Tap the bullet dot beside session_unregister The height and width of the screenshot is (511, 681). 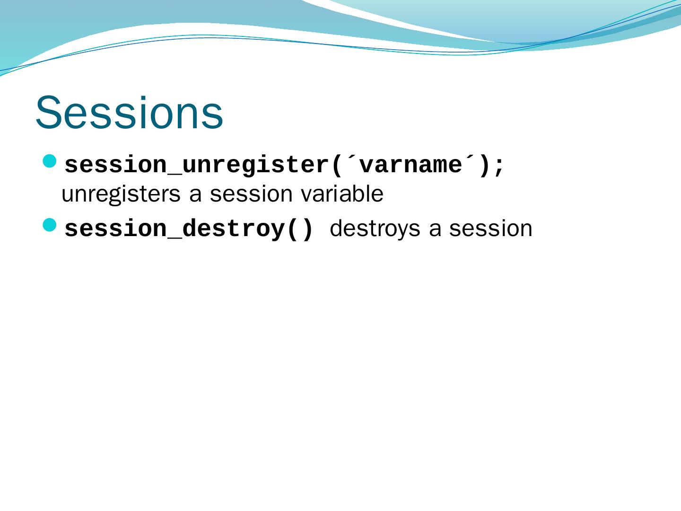50,161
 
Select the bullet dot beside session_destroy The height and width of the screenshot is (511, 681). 50,225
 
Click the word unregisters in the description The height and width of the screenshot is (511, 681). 121,194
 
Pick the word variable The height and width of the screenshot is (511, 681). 342,194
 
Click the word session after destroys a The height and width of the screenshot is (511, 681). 491,229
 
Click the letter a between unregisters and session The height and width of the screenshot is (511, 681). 195,195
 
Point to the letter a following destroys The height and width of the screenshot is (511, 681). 435,230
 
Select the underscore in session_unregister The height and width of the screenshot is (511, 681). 175,175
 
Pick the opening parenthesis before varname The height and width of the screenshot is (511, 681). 336,166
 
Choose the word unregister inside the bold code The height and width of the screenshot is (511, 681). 255,166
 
